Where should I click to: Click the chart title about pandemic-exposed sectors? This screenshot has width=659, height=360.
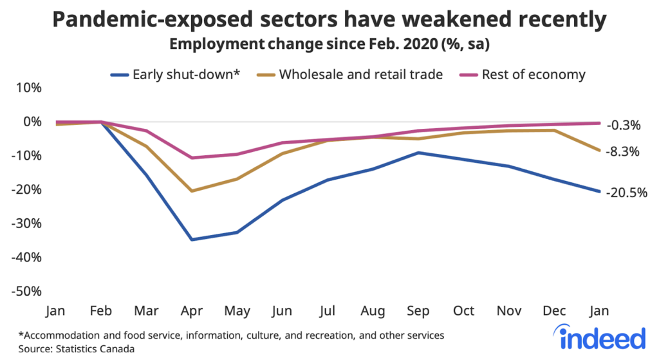tap(329, 21)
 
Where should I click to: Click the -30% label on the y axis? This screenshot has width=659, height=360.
tap(26, 223)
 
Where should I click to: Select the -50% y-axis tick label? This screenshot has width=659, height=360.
tap(26, 291)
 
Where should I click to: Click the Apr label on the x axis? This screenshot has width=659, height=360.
tap(192, 312)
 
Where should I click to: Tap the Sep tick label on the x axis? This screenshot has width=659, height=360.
tap(418, 312)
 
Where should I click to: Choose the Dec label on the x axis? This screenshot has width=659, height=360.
tap(554, 312)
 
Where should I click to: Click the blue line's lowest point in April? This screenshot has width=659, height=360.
tap(192, 240)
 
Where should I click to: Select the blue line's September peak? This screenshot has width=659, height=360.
tap(418, 153)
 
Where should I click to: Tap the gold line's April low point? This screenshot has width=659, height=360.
tap(192, 191)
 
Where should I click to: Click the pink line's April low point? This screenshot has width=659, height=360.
tap(192, 158)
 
